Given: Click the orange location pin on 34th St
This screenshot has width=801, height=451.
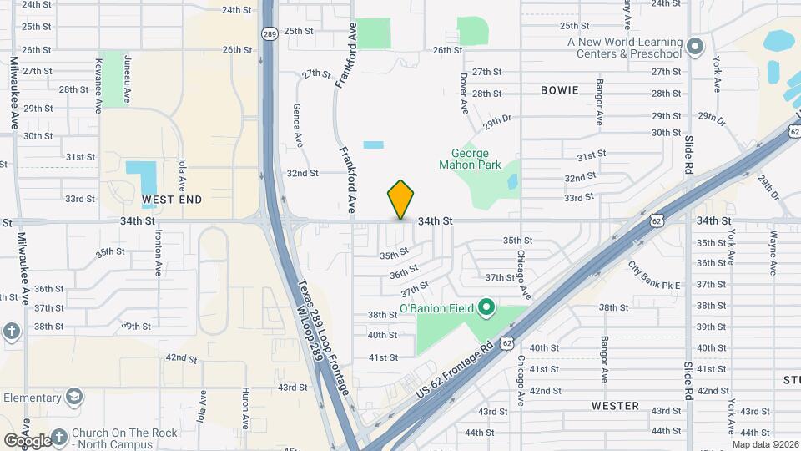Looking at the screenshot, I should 400,199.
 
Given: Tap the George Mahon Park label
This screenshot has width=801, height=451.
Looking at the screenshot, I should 476,159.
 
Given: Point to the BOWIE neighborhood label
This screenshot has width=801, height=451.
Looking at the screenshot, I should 559,90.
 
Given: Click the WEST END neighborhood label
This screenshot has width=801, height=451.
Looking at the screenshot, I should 172,200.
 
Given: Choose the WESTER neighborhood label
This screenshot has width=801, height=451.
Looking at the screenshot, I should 615,406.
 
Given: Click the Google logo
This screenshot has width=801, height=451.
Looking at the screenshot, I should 27,440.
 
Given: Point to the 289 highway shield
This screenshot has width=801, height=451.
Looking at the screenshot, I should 269,33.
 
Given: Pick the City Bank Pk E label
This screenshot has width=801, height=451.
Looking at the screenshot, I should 654,276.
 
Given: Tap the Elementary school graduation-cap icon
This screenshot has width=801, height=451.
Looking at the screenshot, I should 74,396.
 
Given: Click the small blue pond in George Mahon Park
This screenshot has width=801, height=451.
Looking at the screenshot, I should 511,180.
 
